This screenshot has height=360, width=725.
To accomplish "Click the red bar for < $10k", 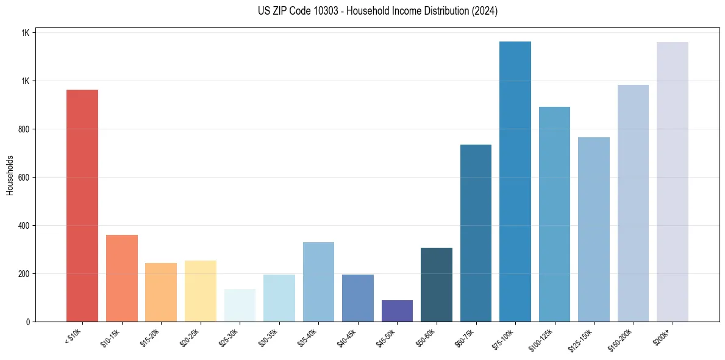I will click(x=82, y=206).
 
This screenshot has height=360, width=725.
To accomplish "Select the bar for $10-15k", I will click(x=121, y=278).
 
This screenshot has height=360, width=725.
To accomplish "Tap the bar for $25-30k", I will click(x=240, y=305).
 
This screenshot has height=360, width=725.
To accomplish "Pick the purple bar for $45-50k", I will click(x=397, y=311).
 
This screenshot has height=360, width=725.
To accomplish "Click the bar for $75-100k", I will click(x=515, y=181).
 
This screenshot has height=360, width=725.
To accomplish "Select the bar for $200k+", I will click(x=673, y=182).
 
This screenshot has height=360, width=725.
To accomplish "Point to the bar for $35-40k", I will click(x=318, y=282).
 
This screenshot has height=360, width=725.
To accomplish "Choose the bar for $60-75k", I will click(x=476, y=233).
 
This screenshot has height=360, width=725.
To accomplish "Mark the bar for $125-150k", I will click(x=594, y=229).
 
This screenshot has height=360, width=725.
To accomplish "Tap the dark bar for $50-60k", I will click(x=437, y=284).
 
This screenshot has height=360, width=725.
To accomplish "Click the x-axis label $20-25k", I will click(x=190, y=338).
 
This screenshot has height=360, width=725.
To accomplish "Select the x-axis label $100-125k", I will click(x=542, y=339).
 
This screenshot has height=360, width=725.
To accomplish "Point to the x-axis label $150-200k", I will click(x=621, y=339).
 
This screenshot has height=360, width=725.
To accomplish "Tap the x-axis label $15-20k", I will click(x=150, y=338).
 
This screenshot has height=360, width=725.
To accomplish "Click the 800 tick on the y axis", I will click(x=24, y=129).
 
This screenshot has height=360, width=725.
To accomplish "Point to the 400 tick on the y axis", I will click(x=24, y=226).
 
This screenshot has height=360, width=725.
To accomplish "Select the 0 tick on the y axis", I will click(x=27, y=322).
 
